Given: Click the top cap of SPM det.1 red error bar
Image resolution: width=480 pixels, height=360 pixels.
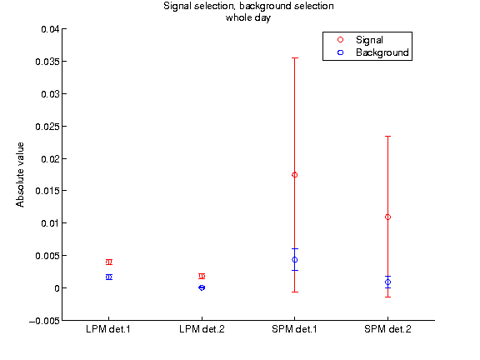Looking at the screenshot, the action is click(x=295, y=57).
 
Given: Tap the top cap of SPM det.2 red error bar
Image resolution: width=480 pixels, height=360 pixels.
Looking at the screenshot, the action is click(x=387, y=136).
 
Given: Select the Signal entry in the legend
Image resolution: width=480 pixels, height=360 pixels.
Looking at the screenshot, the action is click(x=369, y=40).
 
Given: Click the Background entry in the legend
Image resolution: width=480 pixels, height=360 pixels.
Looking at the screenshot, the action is click(x=382, y=52).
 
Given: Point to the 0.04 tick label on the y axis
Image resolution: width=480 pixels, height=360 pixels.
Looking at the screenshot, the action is click(x=50, y=29).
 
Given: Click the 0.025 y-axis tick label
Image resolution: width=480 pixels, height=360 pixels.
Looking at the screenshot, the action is click(x=47, y=127).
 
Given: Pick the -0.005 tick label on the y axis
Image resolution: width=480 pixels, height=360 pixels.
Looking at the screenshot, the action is click(x=44, y=321).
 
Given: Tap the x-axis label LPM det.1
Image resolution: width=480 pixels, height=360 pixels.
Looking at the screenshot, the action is click(x=108, y=329).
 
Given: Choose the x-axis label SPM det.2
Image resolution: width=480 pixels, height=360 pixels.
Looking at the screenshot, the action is click(x=387, y=329).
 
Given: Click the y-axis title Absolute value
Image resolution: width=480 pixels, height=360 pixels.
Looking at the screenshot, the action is click(x=20, y=175).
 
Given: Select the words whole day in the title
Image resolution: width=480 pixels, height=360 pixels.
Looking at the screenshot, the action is click(x=248, y=17).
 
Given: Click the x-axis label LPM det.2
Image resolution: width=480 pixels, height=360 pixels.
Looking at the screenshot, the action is click(x=202, y=329).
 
